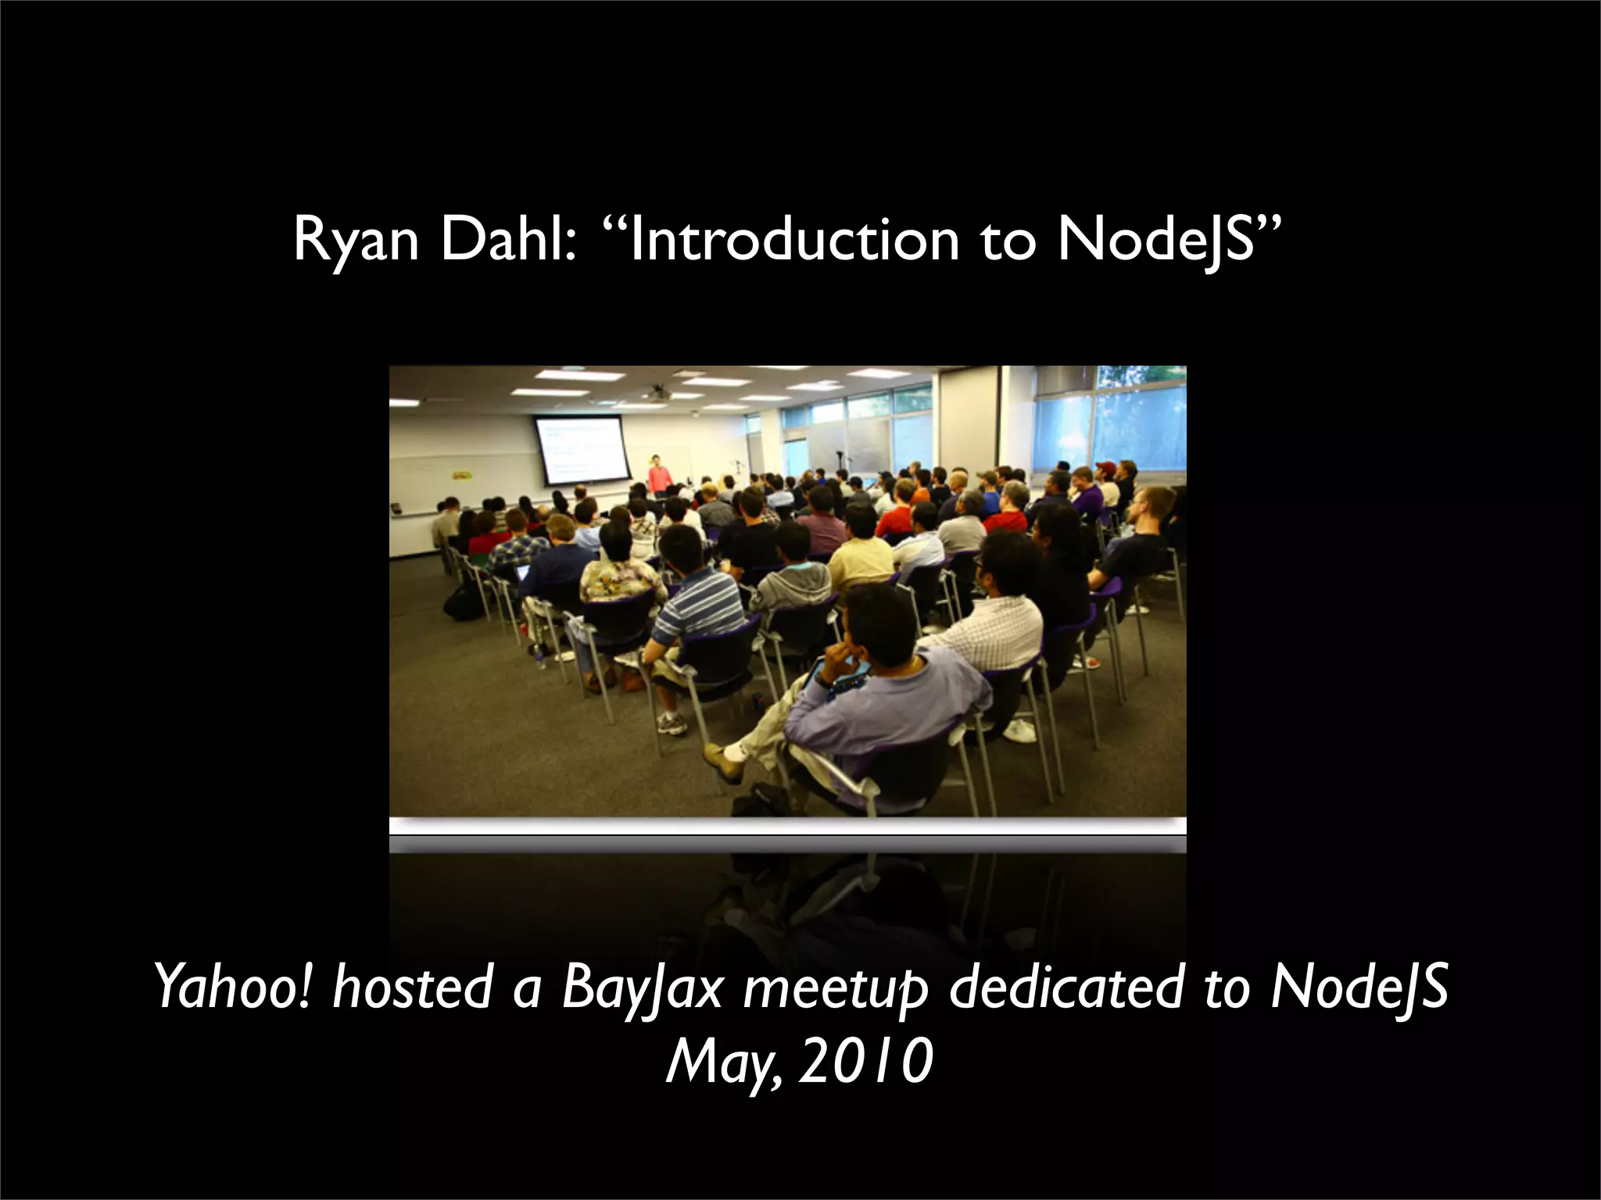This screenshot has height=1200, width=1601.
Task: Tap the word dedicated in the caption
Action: pyautogui.click(x=1066, y=987)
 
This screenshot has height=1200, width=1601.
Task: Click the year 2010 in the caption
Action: pyautogui.click(x=866, y=1063)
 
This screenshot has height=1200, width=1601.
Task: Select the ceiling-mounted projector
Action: pyautogui.click(x=658, y=392)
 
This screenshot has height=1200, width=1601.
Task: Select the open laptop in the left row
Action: pyautogui.click(x=521, y=572)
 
